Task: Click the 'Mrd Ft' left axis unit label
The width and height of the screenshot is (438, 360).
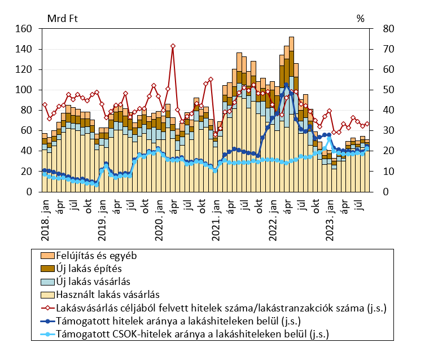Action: [x=63, y=17]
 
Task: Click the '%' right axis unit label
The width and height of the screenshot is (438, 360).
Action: [x=361, y=17]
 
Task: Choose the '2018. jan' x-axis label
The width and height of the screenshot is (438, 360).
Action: [x=45, y=214]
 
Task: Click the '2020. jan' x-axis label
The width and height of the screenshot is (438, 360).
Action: [x=159, y=214]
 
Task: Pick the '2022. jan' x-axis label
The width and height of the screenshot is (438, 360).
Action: [x=273, y=214]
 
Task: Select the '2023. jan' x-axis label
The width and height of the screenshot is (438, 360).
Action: [x=330, y=214]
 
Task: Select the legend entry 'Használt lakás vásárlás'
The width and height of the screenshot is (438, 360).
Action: [x=107, y=294]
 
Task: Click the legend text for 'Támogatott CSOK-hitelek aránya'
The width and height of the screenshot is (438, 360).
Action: [x=192, y=334]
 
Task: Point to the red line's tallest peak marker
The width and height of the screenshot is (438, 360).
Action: [x=173, y=46]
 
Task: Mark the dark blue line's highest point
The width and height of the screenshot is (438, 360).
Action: [x=287, y=85]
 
